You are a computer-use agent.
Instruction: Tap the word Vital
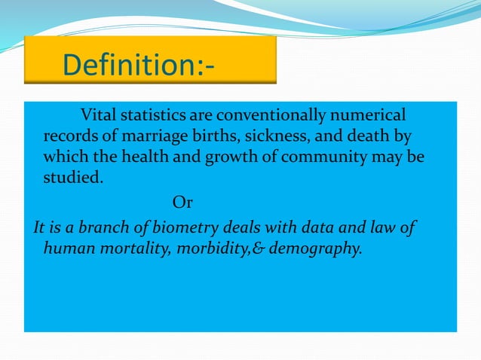pyautogui.click(x=99, y=116)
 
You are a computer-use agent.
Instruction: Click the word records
pyautogui.click(x=69, y=138)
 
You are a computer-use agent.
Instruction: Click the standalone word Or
pyautogui.click(x=182, y=203)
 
